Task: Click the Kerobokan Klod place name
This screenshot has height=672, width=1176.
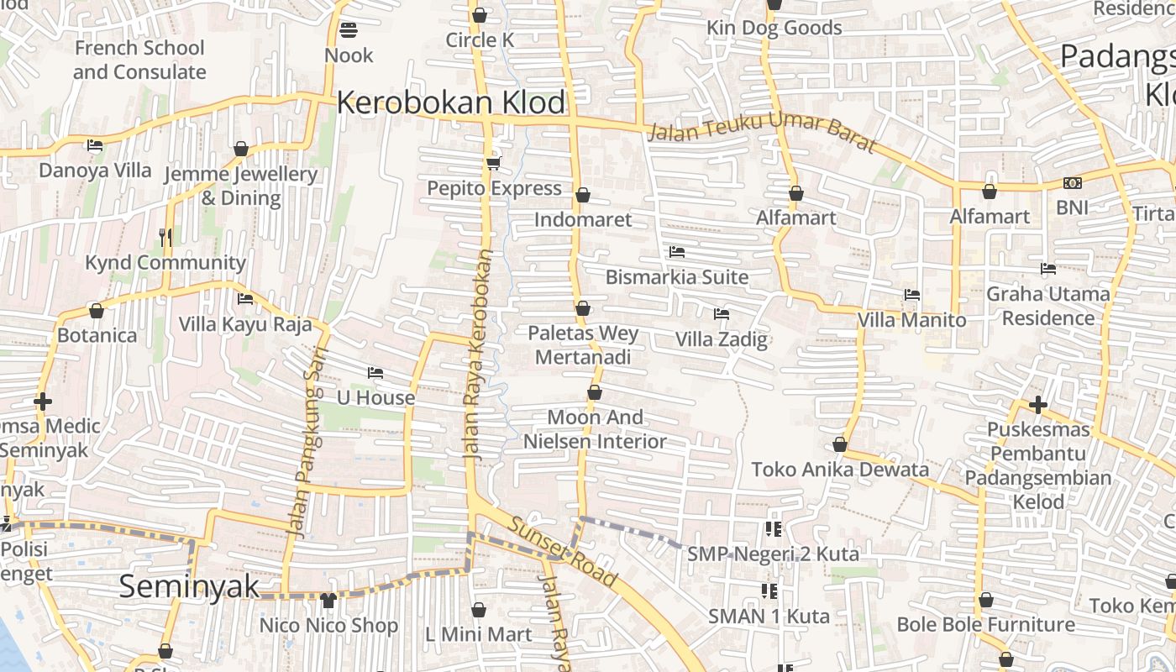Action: click(x=451, y=102)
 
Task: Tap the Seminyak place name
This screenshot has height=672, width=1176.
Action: click(x=189, y=586)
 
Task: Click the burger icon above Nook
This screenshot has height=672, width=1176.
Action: click(x=349, y=30)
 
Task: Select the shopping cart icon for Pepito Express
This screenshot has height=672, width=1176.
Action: click(x=493, y=163)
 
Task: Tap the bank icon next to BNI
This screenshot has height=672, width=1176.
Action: click(x=1072, y=183)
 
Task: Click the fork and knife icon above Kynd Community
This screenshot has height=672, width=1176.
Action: click(x=165, y=238)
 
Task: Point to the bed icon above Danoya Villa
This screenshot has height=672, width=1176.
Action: click(x=95, y=145)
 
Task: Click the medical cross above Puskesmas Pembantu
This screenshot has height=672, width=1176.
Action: click(x=1038, y=405)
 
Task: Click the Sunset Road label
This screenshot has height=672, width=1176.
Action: click(x=563, y=550)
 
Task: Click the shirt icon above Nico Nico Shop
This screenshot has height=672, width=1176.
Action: click(x=328, y=601)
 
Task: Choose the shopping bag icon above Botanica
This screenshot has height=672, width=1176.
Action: click(x=97, y=311)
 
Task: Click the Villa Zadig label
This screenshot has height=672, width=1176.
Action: click(x=722, y=339)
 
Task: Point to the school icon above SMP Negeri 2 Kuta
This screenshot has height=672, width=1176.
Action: click(x=774, y=529)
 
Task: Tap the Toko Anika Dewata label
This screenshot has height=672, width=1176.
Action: click(x=840, y=470)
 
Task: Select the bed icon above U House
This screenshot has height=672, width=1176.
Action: click(x=375, y=373)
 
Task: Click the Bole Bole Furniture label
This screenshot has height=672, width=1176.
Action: click(x=985, y=624)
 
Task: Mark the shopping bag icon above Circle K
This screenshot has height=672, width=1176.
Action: click(x=480, y=15)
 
